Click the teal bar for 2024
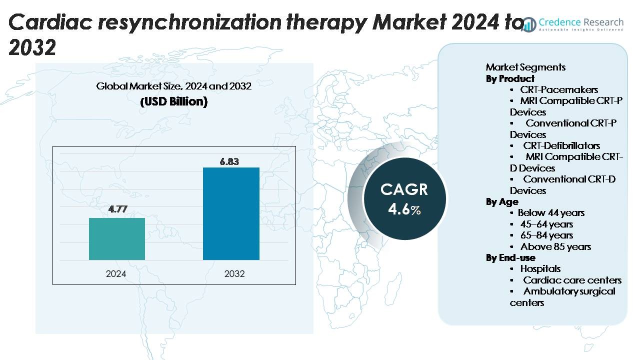click(x=117, y=239)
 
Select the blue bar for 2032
click(x=231, y=213)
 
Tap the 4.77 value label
click(x=117, y=209)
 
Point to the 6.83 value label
click(x=230, y=161)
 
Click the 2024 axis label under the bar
click(x=116, y=273)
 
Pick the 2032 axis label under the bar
click(x=234, y=273)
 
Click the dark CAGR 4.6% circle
click(x=404, y=198)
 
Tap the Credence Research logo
click(x=575, y=23)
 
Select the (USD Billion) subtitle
click(x=173, y=101)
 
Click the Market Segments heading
click(x=525, y=67)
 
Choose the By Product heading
click(x=510, y=78)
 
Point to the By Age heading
click(x=502, y=201)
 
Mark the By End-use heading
click(x=510, y=257)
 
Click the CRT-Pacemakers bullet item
click(x=558, y=90)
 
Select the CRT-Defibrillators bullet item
click(x=561, y=145)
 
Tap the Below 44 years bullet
click(x=551, y=213)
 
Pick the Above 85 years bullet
click(x=555, y=246)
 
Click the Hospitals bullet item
click(x=540, y=268)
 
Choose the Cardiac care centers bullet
click(x=572, y=280)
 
